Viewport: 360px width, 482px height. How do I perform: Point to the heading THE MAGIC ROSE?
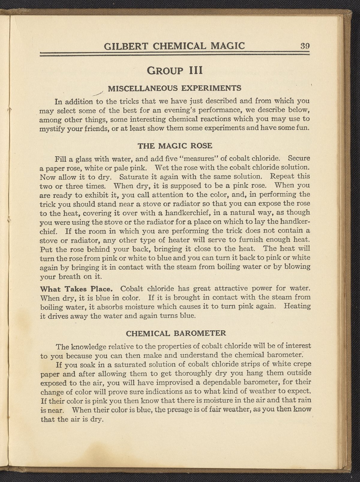[x=175, y=146]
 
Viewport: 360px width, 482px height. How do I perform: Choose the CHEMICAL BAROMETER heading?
[x=175, y=333]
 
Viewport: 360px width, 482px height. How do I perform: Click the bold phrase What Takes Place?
[x=76, y=289]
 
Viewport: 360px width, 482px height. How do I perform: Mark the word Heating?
[x=297, y=307]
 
